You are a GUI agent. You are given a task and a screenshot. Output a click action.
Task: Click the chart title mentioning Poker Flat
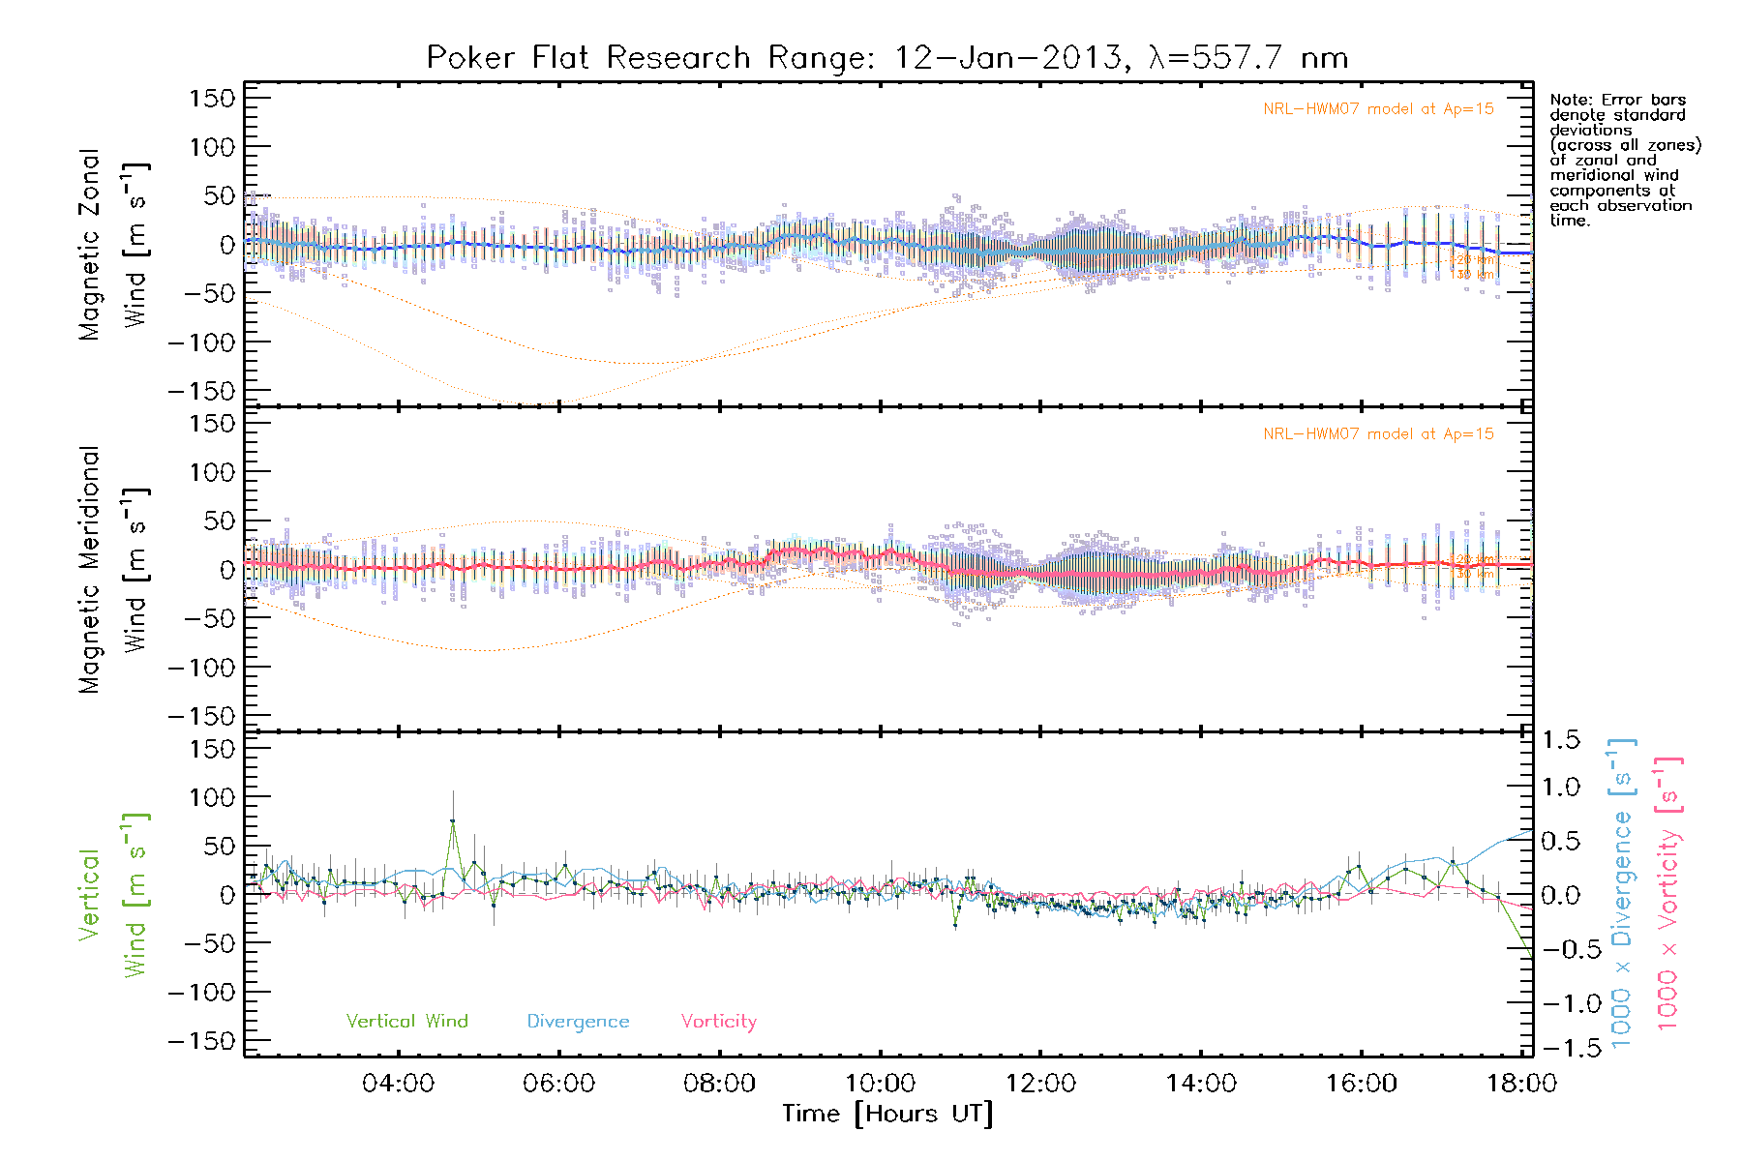click(x=886, y=58)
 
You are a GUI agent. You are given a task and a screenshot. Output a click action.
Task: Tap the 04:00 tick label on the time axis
click(x=398, y=1084)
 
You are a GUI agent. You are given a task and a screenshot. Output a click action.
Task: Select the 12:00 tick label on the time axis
click(x=1040, y=1084)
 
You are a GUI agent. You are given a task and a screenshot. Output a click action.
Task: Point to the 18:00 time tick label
click(x=1521, y=1084)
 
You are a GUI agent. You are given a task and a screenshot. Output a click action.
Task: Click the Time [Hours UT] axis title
click(x=886, y=1115)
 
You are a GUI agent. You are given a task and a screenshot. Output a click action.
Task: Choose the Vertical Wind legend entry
click(x=406, y=1022)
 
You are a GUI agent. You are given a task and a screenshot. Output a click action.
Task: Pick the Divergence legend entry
click(x=578, y=1022)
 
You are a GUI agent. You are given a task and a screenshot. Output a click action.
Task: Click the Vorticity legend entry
click(x=718, y=1022)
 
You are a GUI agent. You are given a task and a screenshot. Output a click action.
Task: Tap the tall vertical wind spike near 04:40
click(x=452, y=822)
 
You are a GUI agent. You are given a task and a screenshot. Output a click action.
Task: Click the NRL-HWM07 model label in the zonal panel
click(x=1378, y=109)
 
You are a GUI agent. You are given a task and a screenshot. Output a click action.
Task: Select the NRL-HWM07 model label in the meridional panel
click(x=1378, y=434)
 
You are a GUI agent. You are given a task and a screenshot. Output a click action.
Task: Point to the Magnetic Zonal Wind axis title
click(x=112, y=244)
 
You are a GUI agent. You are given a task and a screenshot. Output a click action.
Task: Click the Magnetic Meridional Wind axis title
click(x=112, y=569)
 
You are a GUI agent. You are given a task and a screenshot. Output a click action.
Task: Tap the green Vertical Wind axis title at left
click(x=112, y=895)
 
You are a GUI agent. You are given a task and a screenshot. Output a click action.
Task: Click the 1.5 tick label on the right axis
click(x=1560, y=740)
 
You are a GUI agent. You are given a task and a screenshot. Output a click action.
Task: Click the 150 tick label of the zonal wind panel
click(x=212, y=98)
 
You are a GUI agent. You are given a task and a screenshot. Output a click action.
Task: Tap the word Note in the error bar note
click(x=1570, y=100)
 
